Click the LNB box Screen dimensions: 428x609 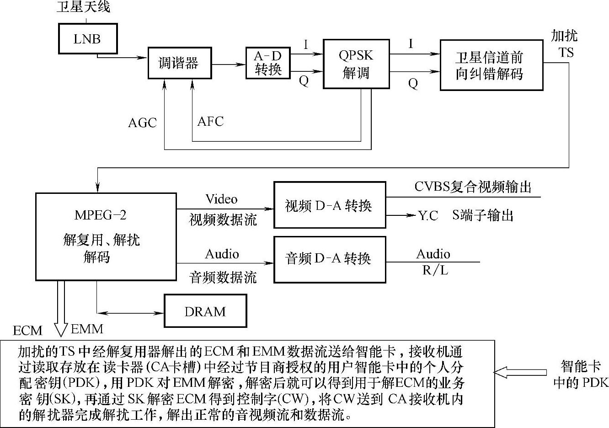tap(87, 38)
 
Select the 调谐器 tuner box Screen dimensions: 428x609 tap(179, 63)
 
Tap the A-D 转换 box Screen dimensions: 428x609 tap(268, 63)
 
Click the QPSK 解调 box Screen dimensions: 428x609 tap(356, 64)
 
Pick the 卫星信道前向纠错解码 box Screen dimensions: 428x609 tap(491, 65)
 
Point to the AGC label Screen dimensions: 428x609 tap(142, 123)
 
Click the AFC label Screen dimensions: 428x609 tap(210, 121)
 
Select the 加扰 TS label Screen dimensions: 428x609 tap(565, 44)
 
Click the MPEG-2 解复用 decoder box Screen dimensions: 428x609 tap(106, 236)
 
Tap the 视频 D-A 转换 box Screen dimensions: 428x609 tap(329, 205)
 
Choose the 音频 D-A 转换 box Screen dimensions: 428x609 tap(329, 259)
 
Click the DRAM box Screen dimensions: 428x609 tap(205, 311)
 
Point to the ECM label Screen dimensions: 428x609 tap(27, 330)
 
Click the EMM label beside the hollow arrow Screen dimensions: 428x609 tap(87, 329)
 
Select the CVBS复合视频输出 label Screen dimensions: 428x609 tap(473, 187)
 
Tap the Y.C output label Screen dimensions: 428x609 tap(428, 215)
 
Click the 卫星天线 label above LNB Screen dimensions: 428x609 tap(83, 6)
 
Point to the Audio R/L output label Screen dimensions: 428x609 tap(433, 262)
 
